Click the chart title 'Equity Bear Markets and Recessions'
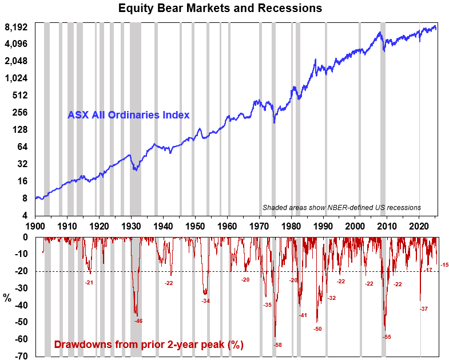220,9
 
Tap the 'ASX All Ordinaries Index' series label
129,114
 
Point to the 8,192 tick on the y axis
17,27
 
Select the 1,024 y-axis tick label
17,78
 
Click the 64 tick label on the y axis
22,147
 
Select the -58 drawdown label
278,345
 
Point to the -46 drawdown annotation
138,321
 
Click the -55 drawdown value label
387,337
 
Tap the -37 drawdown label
423,309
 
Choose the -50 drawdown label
317,329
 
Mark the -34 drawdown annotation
206,300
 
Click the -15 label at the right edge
444,264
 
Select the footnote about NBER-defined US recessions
341,207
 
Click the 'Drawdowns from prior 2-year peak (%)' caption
149,345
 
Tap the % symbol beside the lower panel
7,298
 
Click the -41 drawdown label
303,315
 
